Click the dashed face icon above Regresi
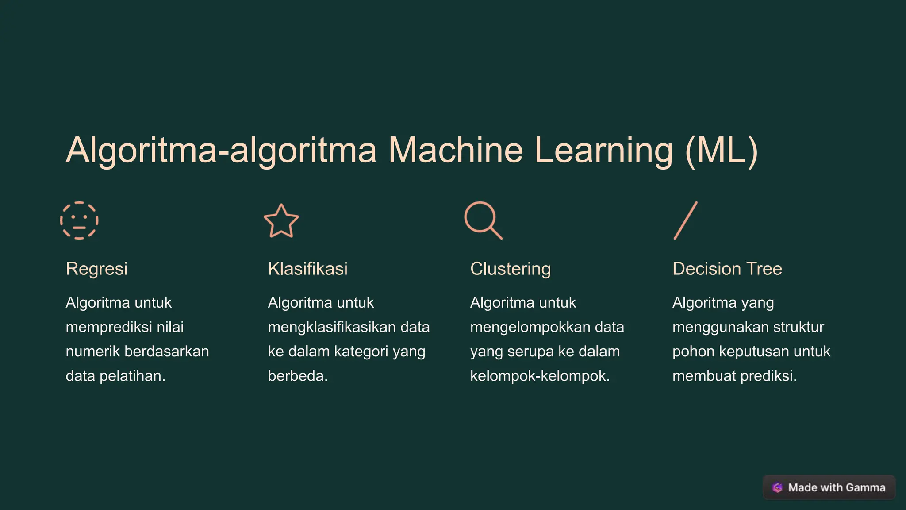tap(79, 220)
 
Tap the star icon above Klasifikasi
tap(281, 221)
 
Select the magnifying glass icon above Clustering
tap(483, 220)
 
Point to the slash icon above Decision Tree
tap(685, 220)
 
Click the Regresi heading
tap(96, 269)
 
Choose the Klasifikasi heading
tap(307, 269)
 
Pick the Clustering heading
tap(510, 269)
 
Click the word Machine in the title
tap(456, 151)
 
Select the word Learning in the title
tap(603, 151)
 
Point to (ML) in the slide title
tap(722, 151)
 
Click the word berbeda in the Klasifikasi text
tap(298, 376)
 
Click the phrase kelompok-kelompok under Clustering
tap(540, 376)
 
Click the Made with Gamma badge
tap(829, 487)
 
